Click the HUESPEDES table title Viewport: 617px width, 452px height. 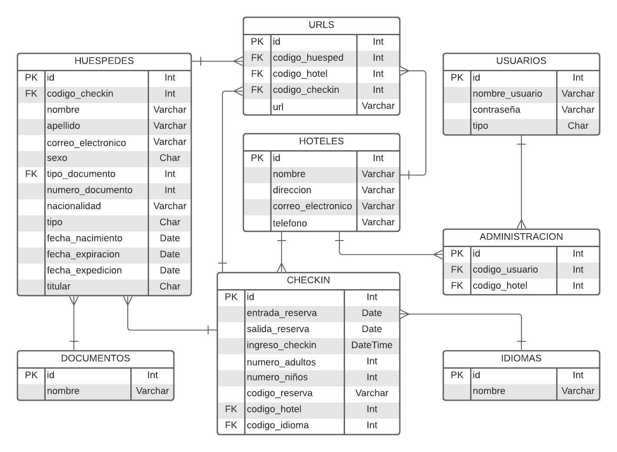(x=104, y=61)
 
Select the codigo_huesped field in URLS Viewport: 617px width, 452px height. (x=308, y=58)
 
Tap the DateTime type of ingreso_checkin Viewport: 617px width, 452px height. (x=372, y=345)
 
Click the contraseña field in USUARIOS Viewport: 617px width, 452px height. (x=496, y=110)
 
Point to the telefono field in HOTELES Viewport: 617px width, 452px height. (x=290, y=223)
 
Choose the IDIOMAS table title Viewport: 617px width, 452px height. (x=521, y=359)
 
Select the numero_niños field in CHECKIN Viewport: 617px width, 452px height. (x=277, y=377)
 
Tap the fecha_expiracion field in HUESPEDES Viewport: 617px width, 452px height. (x=83, y=254)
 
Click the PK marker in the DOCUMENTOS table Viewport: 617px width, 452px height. (x=31, y=375)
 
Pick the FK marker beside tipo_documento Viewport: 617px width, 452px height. (x=31, y=174)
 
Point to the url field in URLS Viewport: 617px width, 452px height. (x=278, y=107)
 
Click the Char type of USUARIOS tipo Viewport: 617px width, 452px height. (x=577, y=126)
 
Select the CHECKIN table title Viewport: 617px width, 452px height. (x=308, y=280)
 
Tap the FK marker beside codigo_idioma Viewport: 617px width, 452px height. (x=231, y=425)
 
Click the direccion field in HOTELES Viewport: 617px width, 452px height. (x=292, y=190)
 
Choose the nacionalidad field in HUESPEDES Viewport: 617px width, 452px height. (x=74, y=206)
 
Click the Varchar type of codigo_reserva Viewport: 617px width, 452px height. (x=372, y=393)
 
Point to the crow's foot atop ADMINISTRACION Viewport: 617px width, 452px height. (x=521, y=224)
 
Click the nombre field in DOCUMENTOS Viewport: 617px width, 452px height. (x=63, y=391)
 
